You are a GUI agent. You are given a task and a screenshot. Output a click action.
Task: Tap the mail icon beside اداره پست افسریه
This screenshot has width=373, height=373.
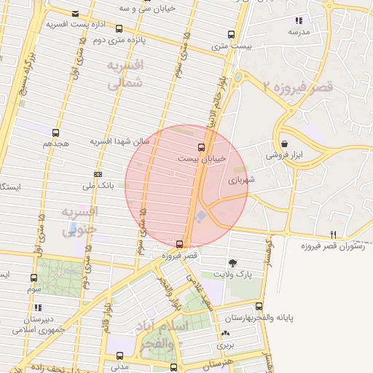pos(76,13)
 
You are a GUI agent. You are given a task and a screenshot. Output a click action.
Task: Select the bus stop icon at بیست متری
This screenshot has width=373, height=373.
pos(232,34)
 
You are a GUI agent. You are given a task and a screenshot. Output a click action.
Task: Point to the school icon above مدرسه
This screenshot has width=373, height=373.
pos(299,20)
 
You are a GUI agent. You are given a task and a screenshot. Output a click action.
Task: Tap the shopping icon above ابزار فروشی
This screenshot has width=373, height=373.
pos(283,144)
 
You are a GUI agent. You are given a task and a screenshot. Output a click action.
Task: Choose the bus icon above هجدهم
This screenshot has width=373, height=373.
pos(55,133)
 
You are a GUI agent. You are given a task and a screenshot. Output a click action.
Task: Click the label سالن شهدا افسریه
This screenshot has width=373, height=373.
pos(120,141)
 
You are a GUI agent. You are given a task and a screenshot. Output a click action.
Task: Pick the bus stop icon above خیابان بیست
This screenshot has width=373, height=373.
pos(202,146)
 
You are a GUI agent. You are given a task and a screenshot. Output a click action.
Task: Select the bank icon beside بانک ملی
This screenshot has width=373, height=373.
pos(98,173)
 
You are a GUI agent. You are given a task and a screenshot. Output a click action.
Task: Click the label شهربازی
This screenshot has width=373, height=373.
pos(240,179)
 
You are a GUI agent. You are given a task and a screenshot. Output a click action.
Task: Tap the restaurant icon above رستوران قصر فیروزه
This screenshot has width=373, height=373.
pos(334,234)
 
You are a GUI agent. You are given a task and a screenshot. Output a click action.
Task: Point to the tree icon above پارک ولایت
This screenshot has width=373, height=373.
pos(232,263)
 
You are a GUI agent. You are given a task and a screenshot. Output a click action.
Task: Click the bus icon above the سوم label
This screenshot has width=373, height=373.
pos(34,278)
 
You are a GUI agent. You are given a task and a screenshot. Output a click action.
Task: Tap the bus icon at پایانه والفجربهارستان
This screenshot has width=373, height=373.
pos(259,306)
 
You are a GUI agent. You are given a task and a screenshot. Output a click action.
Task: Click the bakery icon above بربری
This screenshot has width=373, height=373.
pos(224,334)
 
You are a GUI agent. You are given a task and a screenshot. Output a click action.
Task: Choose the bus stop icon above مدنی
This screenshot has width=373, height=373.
pos(120,356)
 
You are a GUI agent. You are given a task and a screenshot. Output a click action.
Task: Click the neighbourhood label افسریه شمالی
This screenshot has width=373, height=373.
pos(125,75)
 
